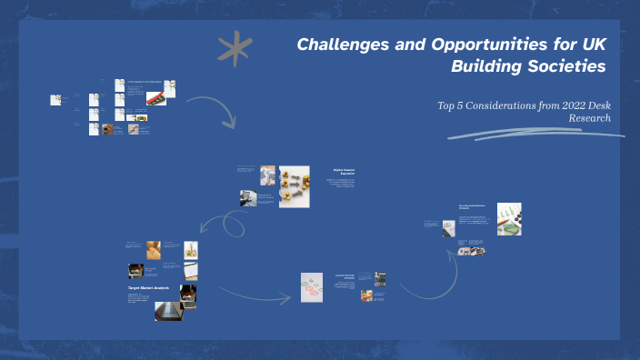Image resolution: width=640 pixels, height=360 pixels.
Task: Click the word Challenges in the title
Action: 341,45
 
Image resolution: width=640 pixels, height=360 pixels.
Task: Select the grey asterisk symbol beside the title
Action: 235,49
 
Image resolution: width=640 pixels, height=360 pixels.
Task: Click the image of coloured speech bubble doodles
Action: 313,286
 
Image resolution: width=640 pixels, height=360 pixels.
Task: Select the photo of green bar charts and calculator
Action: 509,219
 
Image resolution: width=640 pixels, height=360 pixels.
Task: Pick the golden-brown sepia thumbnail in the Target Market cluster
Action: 154,249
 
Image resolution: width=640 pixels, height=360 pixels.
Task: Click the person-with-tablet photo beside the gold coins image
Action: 267,175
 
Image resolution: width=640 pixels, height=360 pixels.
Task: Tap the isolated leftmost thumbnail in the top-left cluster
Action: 55,100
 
